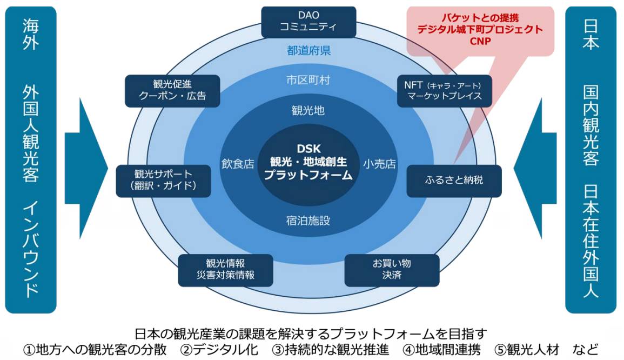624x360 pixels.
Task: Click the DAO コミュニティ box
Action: pyautogui.click(x=308, y=22)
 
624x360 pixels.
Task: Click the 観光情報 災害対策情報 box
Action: pyautogui.click(x=225, y=269)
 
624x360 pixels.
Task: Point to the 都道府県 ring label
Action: pyautogui.click(x=308, y=51)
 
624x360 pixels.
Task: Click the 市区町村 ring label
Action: pyautogui.click(x=308, y=80)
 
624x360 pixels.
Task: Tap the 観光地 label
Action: pyautogui.click(x=308, y=110)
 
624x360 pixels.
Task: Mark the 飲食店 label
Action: pyautogui.click(x=238, y=164)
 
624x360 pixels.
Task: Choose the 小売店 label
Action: pyautogui.click(x=379, y=164)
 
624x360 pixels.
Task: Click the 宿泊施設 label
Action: pyautogui.click(x=308, y=221)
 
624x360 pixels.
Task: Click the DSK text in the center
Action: pyautogui.click(x=308, y=148)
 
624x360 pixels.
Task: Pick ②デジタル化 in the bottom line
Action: pyautogui.click(x=222, y=349)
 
